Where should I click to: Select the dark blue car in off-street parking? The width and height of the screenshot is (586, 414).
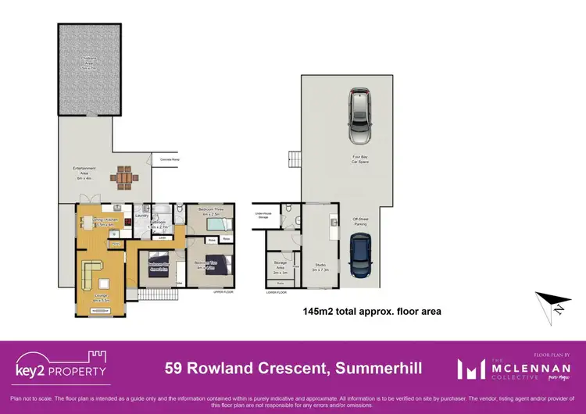[x=360, y=255]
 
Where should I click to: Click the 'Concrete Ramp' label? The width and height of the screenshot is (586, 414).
[x=170, y=159]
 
